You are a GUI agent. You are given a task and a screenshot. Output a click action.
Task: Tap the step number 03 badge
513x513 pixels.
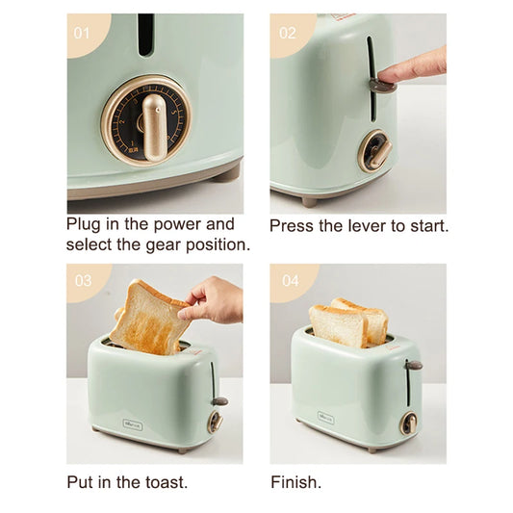coord(83,281)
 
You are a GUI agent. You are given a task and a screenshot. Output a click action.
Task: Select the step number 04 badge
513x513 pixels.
coord(288,281)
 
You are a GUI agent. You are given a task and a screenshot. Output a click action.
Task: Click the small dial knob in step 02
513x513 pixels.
coord(375,152)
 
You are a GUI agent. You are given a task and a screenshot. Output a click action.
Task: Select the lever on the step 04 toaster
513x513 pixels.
coord(414,366)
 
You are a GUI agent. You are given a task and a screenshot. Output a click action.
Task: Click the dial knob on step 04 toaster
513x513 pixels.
coord(408,422)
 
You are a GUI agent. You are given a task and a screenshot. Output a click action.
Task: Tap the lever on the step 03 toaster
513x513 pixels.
coord(219,400)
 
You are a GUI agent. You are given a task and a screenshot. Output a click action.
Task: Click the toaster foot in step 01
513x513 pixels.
coord(227,174)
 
